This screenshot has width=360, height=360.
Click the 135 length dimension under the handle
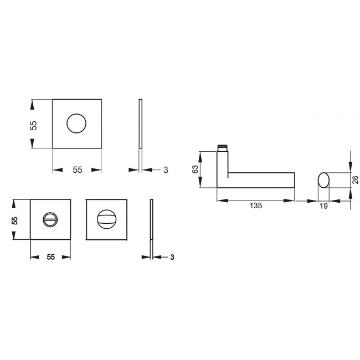pyautogui.click(x=256, y=205)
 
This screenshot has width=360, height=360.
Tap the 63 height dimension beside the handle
pyautogui.click(x=195, y=169)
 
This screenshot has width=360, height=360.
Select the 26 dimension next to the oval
pyautogui.click(x=355, y=180)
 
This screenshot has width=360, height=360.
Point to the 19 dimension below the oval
pyautogui.click(x=323, y=206)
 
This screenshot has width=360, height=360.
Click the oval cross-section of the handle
pyautogui.click(x=323, y=180)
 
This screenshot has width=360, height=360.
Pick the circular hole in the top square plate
pyautogui.click(x=76, y=124)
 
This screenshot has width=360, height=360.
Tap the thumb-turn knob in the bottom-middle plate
pyautogui.click(x=106, y=219)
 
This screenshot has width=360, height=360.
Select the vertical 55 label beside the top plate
pyautogui.click(x=33, y=125)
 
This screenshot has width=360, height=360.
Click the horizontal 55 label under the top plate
pyautogui.click(x=78, y=170)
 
